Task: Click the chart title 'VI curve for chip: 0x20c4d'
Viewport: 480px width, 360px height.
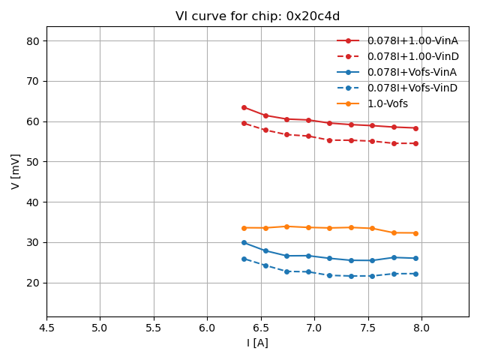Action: [257, 16]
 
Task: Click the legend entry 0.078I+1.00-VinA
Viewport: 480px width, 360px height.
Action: [412, 40]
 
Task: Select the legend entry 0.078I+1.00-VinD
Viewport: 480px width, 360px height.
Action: [412, 56]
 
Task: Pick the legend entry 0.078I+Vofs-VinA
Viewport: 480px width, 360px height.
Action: [412, 72]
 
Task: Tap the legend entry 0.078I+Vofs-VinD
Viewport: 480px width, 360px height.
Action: [412, 88]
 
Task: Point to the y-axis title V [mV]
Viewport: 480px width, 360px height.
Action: [16, 171]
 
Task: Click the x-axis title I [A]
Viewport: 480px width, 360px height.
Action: [257, 343]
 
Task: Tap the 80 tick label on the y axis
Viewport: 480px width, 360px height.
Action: [32, 41]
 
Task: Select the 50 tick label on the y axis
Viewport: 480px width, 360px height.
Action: [32, 162]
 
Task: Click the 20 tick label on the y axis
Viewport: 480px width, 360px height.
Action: [32, 283]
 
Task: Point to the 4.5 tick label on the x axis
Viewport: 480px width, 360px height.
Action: [46, 328]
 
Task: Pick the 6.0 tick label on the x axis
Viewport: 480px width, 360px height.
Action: [207, 328]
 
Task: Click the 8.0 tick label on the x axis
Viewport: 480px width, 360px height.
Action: [421, 328]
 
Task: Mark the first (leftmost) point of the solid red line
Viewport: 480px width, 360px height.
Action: [244, 107]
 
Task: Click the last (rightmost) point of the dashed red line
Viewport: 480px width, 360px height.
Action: [415, 143]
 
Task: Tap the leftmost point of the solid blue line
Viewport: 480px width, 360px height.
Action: [244, 242]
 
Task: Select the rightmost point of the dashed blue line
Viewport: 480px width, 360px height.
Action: [415, 274]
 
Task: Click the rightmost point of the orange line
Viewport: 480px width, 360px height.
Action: [415, 233]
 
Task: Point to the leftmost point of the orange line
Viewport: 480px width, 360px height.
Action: [244, 228]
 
